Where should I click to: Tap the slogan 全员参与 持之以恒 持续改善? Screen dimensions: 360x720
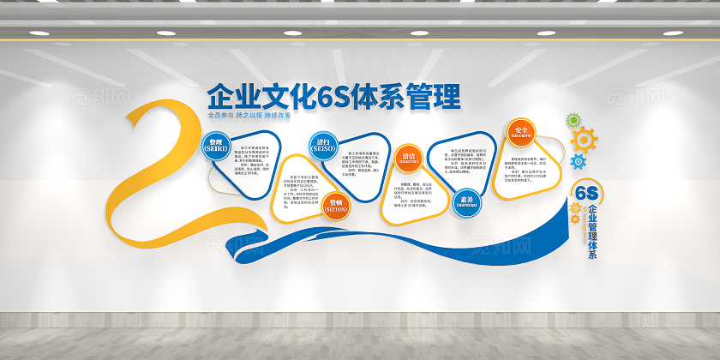(x=249, y=115)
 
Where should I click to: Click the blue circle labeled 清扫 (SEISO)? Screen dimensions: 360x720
(x=323, y=145)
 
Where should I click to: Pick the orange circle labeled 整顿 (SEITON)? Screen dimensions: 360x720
(x=336, y=207)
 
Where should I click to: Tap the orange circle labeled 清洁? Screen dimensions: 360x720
(x=407, y=157)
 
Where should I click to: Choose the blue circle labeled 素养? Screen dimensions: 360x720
(x=465, y=200)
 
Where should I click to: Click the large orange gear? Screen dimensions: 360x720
(x=584, y=139)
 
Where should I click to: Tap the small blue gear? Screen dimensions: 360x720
(x=578, y=160)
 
